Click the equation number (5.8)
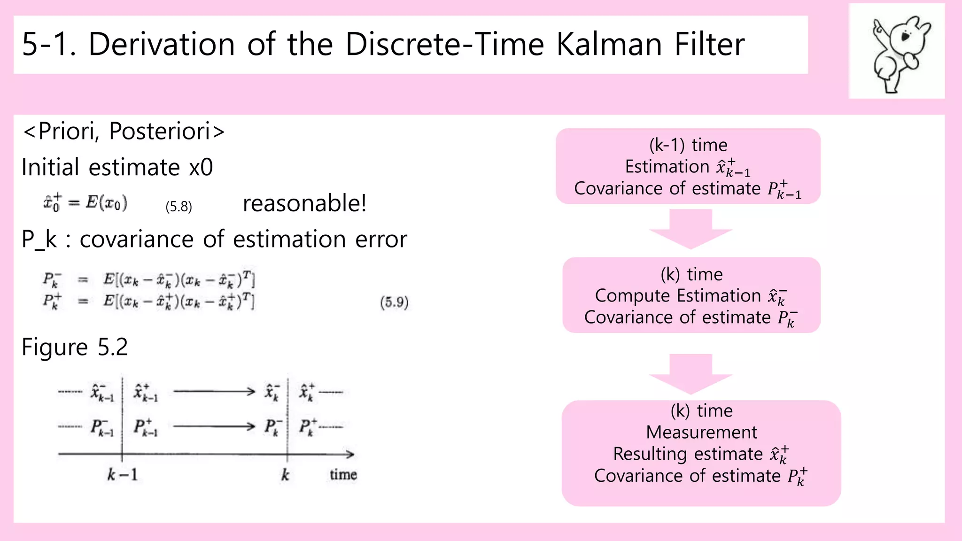(178, 207)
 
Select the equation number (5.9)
(394, 302)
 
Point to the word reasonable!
(304, 203)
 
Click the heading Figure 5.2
(75, 347)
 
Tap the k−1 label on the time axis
(122, 475)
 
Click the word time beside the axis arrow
(343, 475)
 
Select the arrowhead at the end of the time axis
(350, 454)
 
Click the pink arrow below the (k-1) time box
(690, 229)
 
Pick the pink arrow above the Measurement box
(690, 374)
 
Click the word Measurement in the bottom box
(701, 432)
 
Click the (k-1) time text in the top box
(688, 145)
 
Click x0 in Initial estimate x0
(201, 167)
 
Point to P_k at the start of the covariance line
(39, 240)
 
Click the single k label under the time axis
(285, 475)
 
